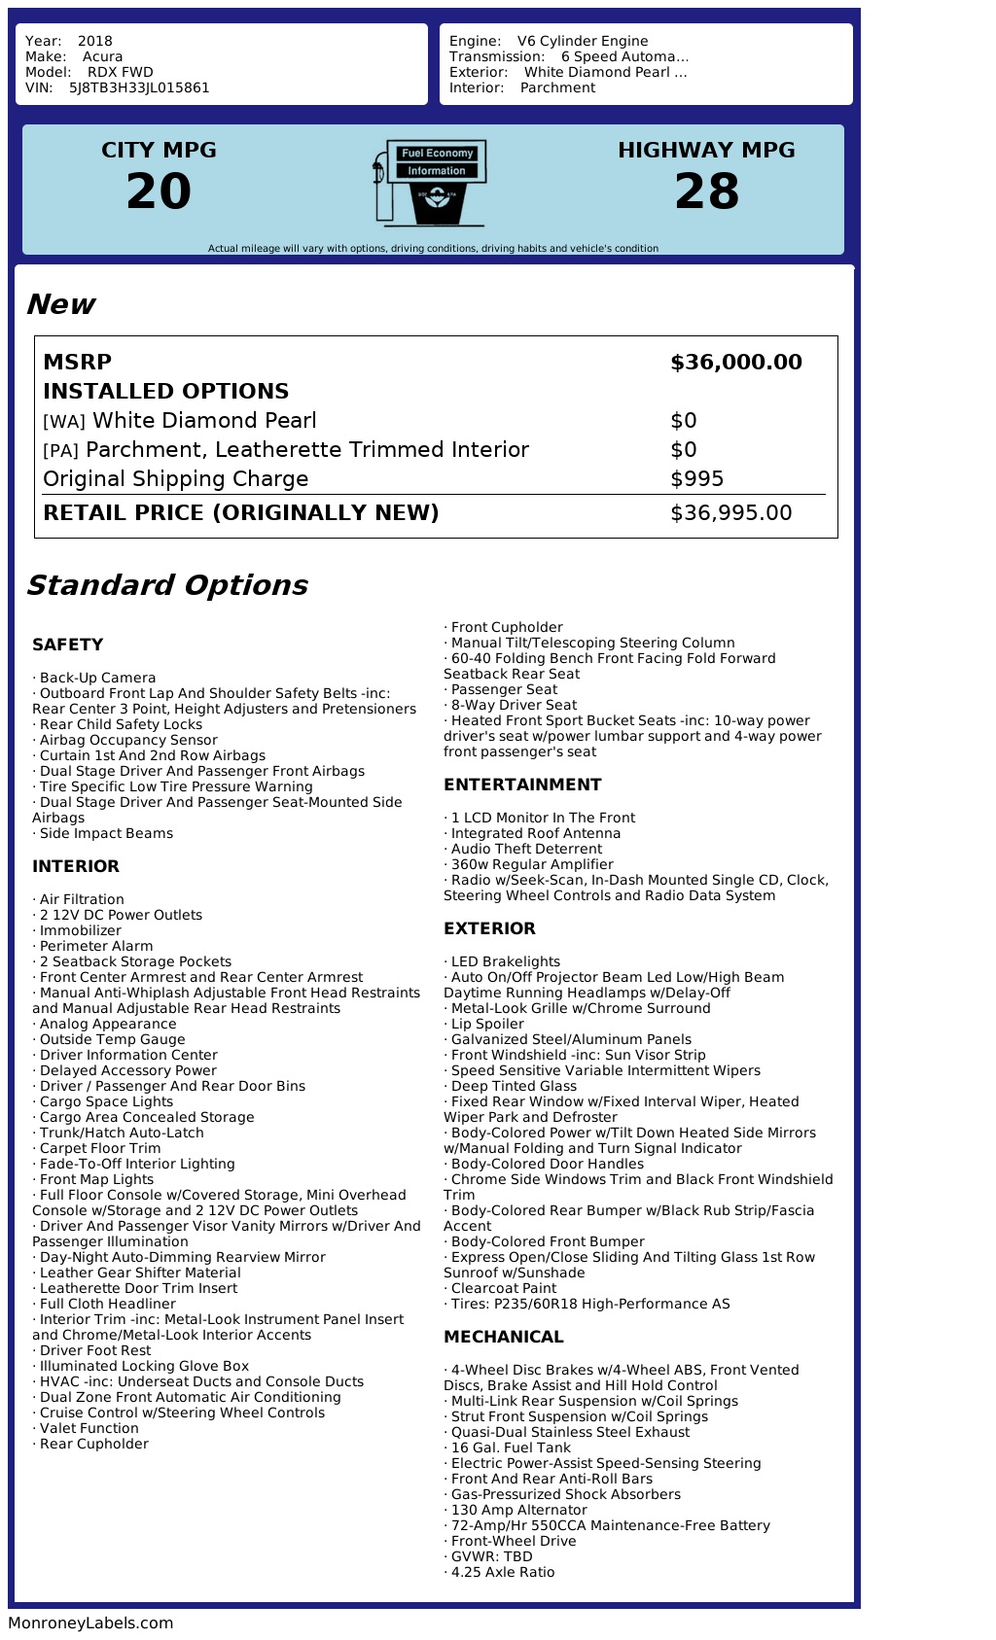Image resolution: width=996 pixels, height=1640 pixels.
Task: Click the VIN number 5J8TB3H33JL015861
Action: click(139, 87)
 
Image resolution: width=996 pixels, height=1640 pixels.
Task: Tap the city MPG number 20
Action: click(159, 192)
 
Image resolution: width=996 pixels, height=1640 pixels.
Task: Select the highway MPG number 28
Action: click(706, 192)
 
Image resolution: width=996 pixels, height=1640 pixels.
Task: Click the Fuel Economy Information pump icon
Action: click(429, 183)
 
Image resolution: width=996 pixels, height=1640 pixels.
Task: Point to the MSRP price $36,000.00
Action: click(735, 363)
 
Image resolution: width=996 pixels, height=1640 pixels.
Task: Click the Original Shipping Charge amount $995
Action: click(696, 479)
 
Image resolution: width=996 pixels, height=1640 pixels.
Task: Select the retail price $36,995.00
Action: click(730, 513)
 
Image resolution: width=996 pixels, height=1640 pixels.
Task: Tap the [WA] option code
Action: click(64, 422)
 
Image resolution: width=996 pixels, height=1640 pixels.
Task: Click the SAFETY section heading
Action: click(67, 645)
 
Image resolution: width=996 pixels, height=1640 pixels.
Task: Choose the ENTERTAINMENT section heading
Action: click(522, 785)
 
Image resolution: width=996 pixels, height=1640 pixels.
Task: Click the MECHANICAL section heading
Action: click(503, 1337)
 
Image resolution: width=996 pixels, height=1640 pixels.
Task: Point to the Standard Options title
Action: click(166, 585)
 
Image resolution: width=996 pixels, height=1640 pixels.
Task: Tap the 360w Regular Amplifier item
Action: click(532, 864)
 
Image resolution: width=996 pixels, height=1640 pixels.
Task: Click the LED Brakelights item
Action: click(506, 961)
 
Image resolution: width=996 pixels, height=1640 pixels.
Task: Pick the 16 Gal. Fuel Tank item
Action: click(511, 1448)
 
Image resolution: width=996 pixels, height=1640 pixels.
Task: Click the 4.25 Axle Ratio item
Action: click(503, 1572)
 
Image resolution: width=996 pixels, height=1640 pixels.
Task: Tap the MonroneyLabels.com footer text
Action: click(90, 1623)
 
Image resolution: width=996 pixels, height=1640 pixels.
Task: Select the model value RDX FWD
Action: click(121, 72)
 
